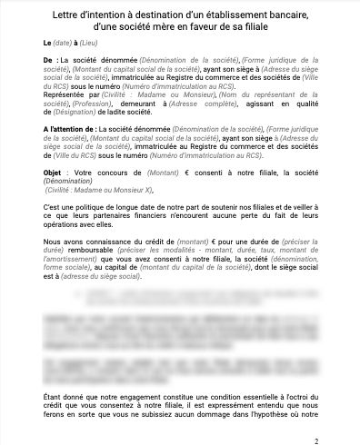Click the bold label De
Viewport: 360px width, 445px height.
click(48, 59)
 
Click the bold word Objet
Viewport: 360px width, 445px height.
click(55, 173)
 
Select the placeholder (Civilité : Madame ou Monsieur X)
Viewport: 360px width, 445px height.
click(99, 189)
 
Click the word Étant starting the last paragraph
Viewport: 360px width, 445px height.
click(55, 399)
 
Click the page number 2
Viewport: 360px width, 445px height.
click(315, 439)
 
